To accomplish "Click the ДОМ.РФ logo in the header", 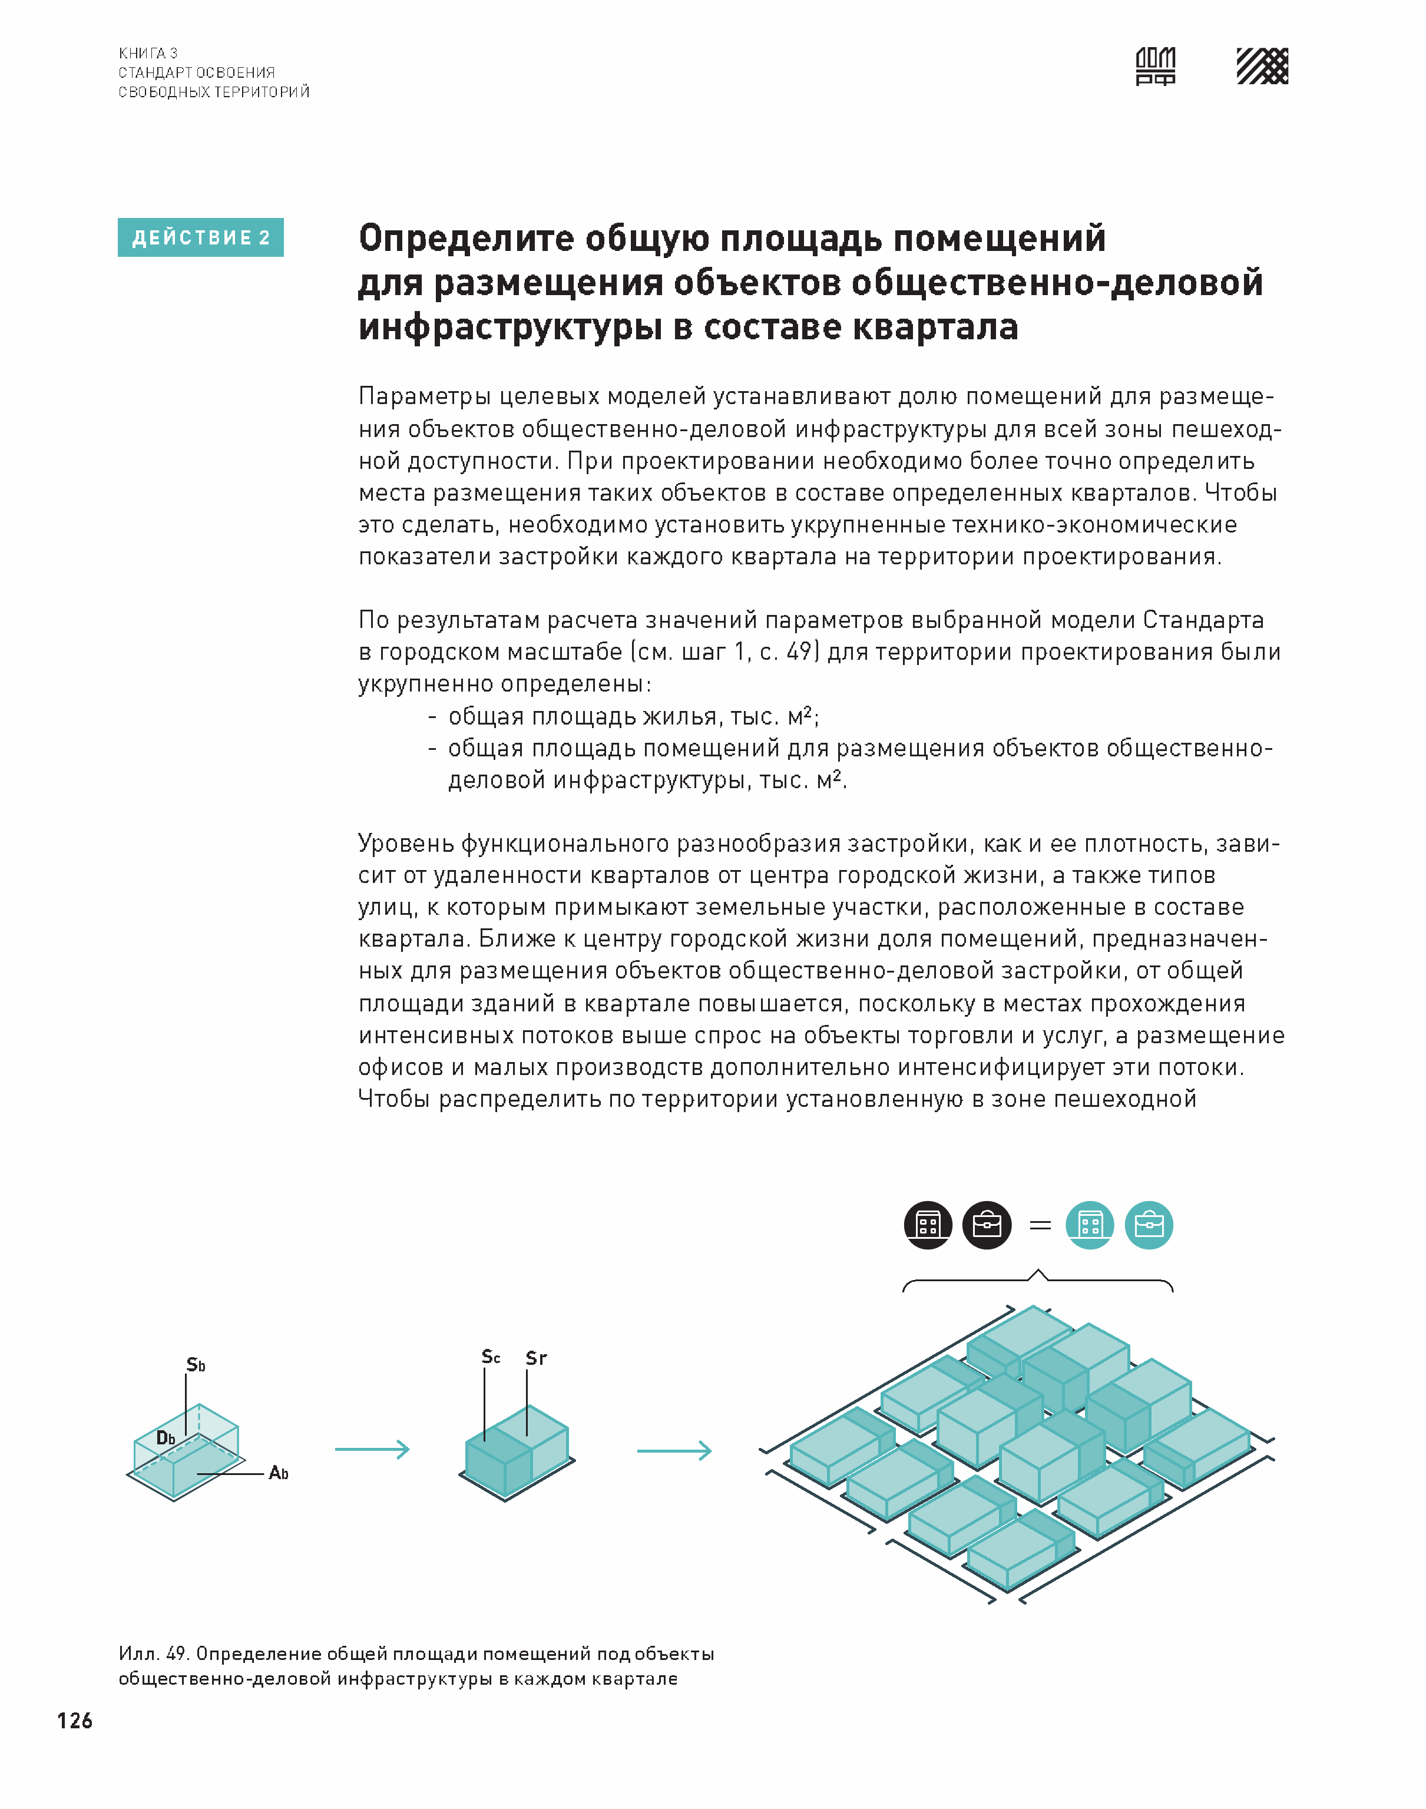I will pos(1156,66).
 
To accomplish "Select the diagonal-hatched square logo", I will pos(1262,66).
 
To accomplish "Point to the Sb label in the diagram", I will pos(196,1365).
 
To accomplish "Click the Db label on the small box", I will pos(166,1437).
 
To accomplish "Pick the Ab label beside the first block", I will pos(278,1473).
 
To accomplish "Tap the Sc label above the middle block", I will pos(491,1357).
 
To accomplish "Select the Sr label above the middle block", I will pos(536,1358).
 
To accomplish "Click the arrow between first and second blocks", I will pos(372,1449).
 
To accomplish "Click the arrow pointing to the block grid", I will pos(674,1451).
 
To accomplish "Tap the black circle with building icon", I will pos(928,1225).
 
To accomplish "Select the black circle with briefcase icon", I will pos(987,1225).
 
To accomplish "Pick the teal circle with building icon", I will pos(1090,1225).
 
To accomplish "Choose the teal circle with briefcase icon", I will pos(1149,1225).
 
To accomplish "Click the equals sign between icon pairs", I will pos(1040,1225).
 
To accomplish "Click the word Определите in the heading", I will pos(466,239).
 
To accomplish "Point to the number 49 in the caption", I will pos(176,1653).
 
